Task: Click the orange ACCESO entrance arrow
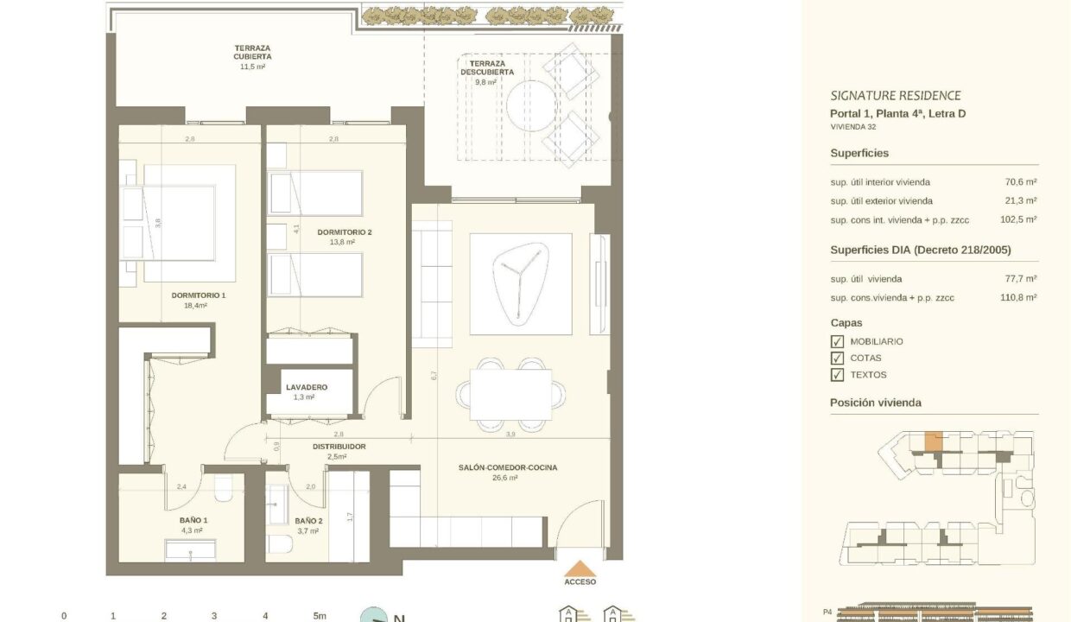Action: [x=580, y=568]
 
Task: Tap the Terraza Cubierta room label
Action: [x=252, y=52]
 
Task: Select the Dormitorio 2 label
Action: [x=345, y=232]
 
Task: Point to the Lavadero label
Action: [x=307, y=387]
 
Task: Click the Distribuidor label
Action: [x=339, y=447]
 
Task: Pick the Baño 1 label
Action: [x=193, y=520]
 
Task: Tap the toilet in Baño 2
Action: [x=280, y=543]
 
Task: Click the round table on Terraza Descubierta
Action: [x=531, y=105]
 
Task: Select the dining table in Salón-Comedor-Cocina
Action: [x=510, y=395]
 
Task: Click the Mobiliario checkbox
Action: [x=837, y=341]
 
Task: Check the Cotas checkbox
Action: [x=837, y=359]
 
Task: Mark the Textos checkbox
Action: [x=837, y=375]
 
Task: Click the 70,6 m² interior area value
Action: [x=1021, y=182]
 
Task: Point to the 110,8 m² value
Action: [x=1018, y=297]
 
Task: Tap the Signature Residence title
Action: [x=896, y=96]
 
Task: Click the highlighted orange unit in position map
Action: [x=934, y=441]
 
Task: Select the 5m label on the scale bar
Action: [x=320, y=616]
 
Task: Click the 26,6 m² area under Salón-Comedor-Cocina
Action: [x=505, y=478]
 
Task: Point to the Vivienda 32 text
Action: [x=853, y=127]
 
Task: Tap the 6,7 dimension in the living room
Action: [x=434, y=376]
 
